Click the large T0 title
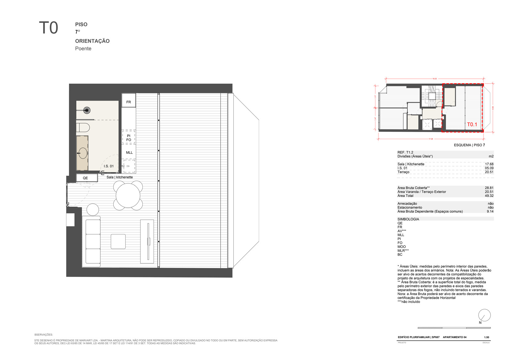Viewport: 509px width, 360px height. click(x=48, y=28)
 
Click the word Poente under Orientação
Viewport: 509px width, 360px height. click(x=83, y=49)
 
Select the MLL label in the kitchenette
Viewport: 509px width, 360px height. click(x=129, y=153)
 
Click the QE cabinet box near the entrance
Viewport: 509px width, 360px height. click(x=86, y=178)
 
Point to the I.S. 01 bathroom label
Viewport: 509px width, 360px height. click(x=109, y=166)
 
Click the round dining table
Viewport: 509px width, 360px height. click(x=128, y=195)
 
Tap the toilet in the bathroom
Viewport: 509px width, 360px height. click(x=83, y=127)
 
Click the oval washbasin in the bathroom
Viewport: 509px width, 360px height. click(x=83, y=153)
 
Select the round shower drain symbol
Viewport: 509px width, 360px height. click(x=87, y=110)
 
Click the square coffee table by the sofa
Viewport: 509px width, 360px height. click(x=118, y=242)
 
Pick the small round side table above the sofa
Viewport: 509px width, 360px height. click(x=93, y=210)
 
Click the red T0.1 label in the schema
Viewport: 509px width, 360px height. click(x=472, y=125)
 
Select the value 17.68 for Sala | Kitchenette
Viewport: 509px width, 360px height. click(x=489, y=164)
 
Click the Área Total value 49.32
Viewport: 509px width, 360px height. click(x=489, y=196)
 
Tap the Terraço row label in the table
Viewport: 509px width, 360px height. click(x=403, y=172)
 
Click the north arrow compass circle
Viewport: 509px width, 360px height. click(x=484, y=315)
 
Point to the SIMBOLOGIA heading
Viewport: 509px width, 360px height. click(x=408, y=219)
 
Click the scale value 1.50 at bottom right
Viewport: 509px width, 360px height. click(x=486, y=337)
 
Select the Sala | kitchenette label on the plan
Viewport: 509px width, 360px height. click(x=120, y=177)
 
